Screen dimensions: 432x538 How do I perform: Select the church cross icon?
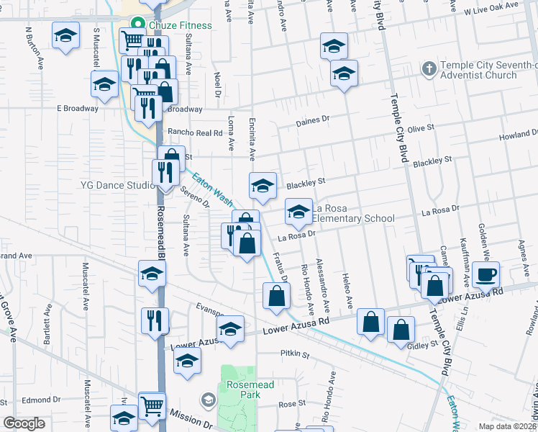pos(428,69)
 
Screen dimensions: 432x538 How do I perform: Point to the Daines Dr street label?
pos(312,122)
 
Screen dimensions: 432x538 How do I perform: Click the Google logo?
pos(24,423)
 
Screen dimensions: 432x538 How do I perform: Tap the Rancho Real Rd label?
pos(195,132)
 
